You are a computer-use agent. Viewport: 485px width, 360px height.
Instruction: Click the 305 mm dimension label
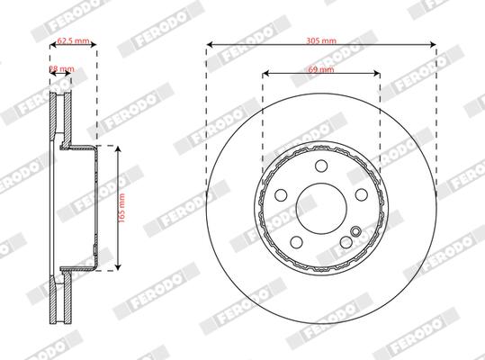(321, 41)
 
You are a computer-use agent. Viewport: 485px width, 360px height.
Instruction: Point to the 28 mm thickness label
(60, 68)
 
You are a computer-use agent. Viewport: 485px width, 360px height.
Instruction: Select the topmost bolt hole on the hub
(321, 165)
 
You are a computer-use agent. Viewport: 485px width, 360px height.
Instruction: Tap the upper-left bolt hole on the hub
(281, 194)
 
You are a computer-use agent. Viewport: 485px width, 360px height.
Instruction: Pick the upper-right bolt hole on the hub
(361, 194)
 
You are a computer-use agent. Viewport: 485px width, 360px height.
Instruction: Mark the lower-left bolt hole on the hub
(296, 241)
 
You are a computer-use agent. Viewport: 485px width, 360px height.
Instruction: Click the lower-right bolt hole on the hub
(346, 241)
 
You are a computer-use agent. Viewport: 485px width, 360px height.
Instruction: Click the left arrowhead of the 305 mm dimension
(210, 42)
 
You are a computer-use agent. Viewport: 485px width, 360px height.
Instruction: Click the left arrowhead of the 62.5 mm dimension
(51, 42)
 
